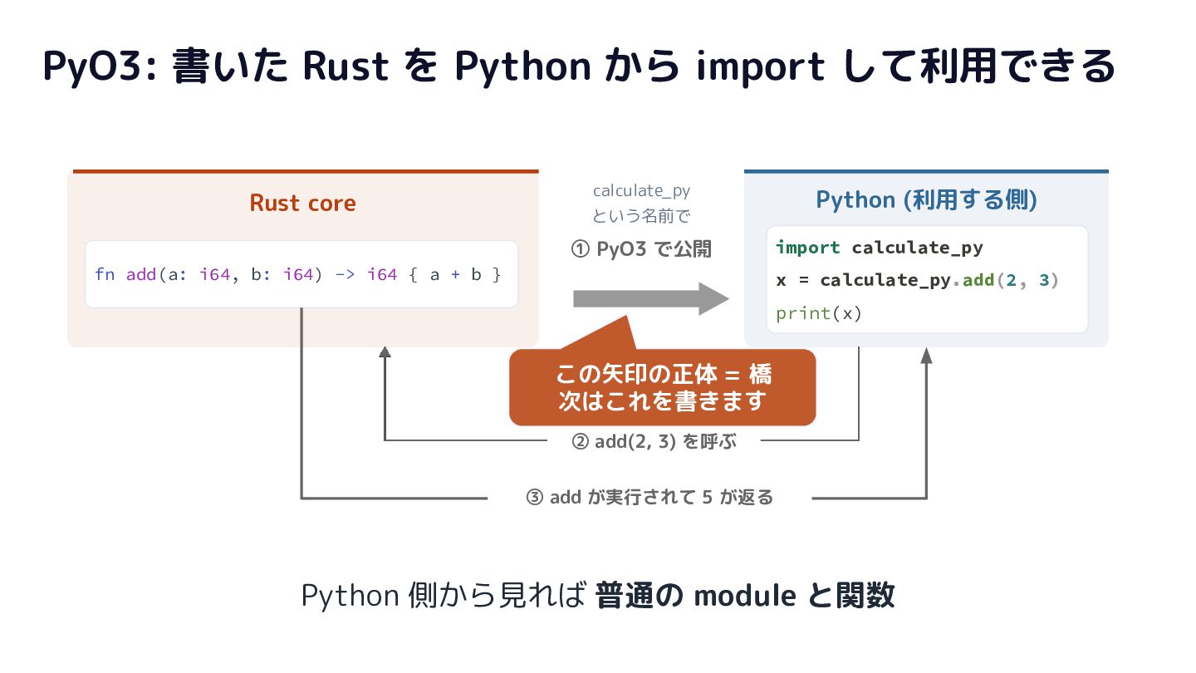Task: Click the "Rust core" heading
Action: coord(302,203)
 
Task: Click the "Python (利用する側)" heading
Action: coord(926,199)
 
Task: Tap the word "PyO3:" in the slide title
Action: coord(100,66)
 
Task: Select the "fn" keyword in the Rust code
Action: coord(105,274)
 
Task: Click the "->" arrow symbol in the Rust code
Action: coord(345,274)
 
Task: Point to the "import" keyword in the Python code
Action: coord(808,248)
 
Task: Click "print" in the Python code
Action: coord(802,313)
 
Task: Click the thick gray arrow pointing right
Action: coord(651,298)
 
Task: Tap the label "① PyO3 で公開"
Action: coord(641,249)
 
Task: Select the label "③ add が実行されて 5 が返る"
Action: coord(649,497)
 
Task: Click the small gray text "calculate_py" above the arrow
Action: coord(641,191)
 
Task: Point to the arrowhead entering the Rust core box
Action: coord(385,352)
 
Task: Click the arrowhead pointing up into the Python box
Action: coord(926,356)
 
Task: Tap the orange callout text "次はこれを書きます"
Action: coord(663,401)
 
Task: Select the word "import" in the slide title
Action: coord(760,66)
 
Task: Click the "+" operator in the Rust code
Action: coord(455,274)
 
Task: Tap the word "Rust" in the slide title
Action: coord(346,66)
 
